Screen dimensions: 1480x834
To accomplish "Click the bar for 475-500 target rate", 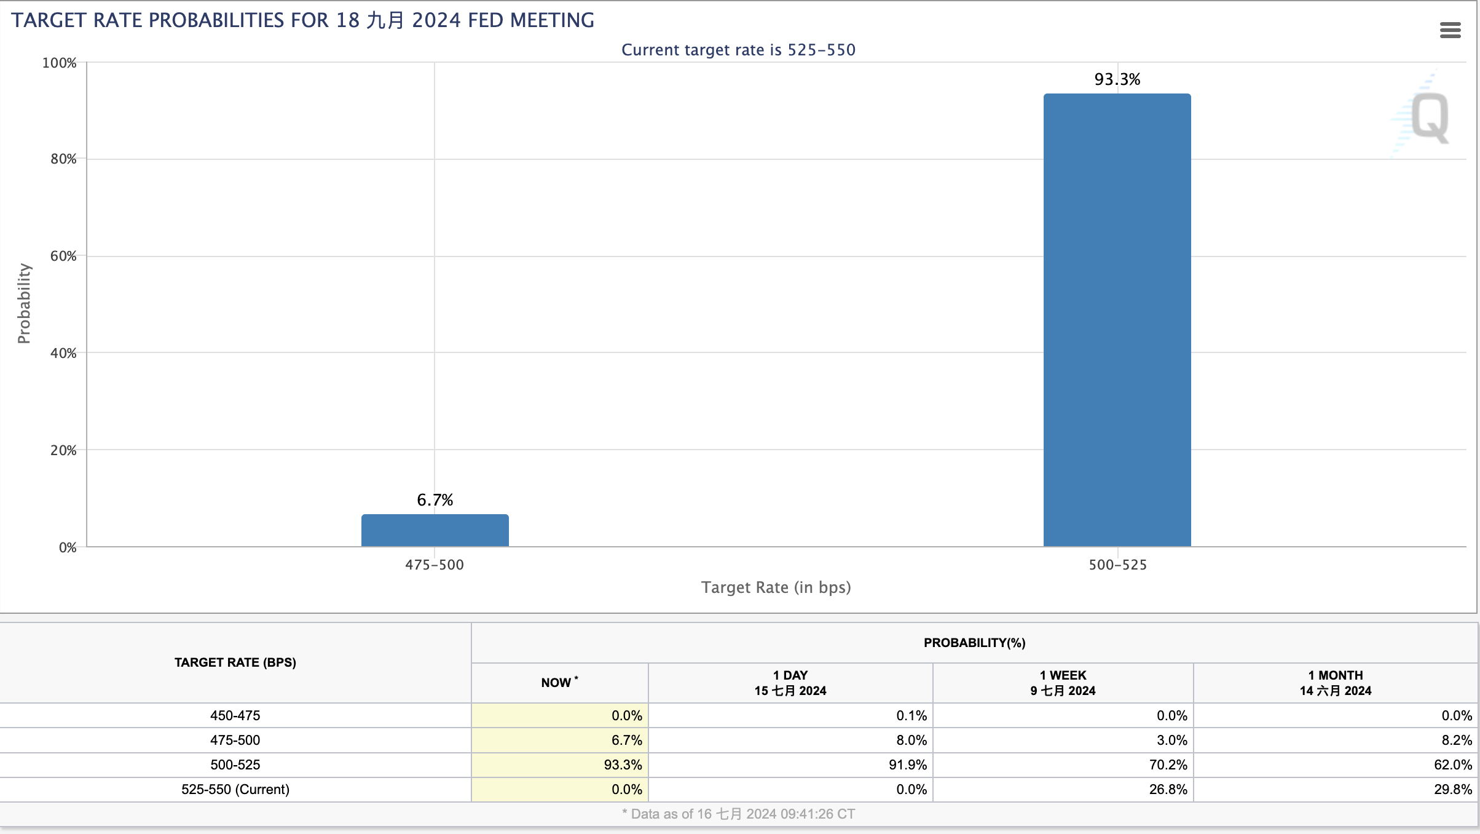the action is pyautogui.click(x=435, y=530).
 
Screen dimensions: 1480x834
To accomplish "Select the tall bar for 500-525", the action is pyautogui.click(x=1117, y=320).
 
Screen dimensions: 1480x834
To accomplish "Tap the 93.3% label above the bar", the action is pyautogui.click(x=1117, y=79).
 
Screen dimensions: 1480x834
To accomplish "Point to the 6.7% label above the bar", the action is pyautogui.click(x=435, y=500).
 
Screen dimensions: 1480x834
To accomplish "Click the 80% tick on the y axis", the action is pyautogui.click(x=64, y=159).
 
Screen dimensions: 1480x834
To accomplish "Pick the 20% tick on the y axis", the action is pyautogui.click(x=64, y=450).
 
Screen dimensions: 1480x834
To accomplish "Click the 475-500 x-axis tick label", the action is pyautogui.click(x=435, y=565).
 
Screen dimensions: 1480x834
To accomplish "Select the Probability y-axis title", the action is pyautogui.click(x=24, y=303).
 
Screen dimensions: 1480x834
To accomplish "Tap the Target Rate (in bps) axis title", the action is pyautogui.click(x=776, y=587).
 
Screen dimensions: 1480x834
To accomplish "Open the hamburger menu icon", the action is pyautogui.click(x=1450, y=30).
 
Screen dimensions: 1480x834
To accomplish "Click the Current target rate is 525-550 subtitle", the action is pyautogui.click(x=738, y=50).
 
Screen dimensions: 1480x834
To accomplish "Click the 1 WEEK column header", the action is pyautogui.click(x=1063, y=683).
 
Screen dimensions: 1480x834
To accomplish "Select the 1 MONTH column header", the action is pyautogui.click(x=1336, y=683).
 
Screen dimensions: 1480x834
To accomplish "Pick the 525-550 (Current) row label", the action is pyautogui.click(x=235, y=789).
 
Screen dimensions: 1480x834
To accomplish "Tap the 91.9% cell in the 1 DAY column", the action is pyautogui.click(x=908, y=764).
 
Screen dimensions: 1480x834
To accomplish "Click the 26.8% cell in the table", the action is pyautogui.click(x=1168, y=789).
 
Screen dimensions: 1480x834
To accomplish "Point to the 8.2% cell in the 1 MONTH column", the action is pyautogui.click(x=1457, y=740).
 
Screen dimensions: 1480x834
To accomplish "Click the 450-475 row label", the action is pyautogui.click(x=235, y=715).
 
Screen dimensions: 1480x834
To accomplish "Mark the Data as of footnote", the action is pyautogui.click(x=738, y=814).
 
